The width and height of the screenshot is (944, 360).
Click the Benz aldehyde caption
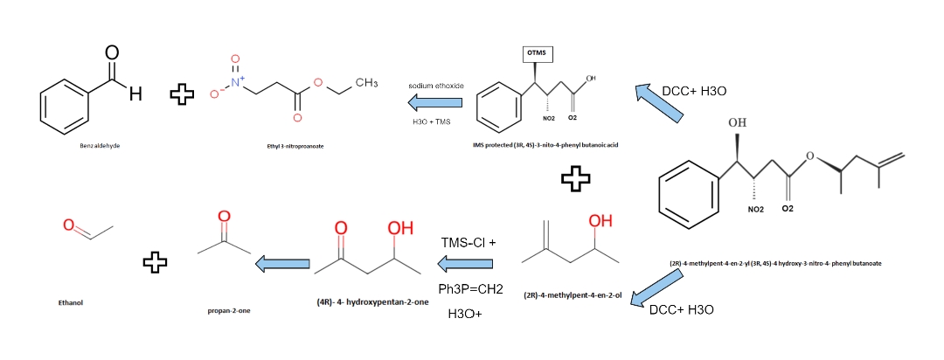pyautogui.click(x=98, y=145)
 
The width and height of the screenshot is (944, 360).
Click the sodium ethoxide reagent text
pyautogui.click(x=435, y=86)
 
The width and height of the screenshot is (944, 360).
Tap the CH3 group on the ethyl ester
pyautogui.click(x=365, y=83)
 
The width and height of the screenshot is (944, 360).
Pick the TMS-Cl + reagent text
pyautogui.click(x=469, y=241)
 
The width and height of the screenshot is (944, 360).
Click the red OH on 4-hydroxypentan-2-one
pyautogui.click(x=400, y=229)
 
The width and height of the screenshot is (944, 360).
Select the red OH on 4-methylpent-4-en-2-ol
pyautogui.click(x=600, y=221)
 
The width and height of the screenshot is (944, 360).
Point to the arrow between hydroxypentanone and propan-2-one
pyautogui.click(x=281, y=262)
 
